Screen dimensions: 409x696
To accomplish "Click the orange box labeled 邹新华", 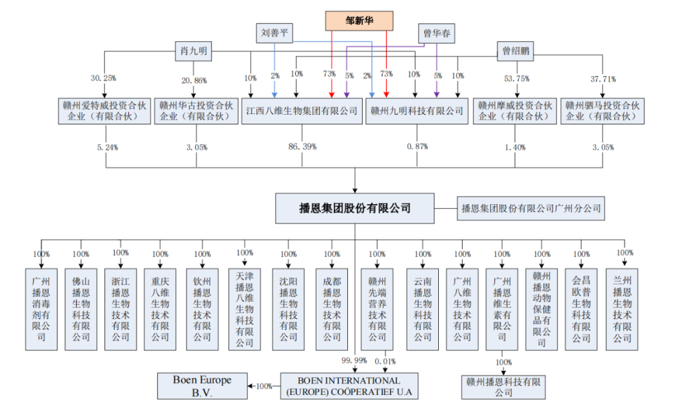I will (359, 21).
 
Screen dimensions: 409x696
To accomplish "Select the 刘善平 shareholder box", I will (275, 33).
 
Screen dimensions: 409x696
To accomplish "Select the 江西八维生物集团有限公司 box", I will (302, 111).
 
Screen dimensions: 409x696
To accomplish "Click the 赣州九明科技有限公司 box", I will (417, 111).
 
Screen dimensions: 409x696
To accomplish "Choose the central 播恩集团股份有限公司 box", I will (355, 208).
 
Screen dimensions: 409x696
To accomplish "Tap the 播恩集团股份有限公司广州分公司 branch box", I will (531, 209).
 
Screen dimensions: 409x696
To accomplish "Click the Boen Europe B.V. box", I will (202, 385).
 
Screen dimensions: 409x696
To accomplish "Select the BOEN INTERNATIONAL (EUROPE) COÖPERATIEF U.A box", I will (349, 386).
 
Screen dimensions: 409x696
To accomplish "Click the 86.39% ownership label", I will (302, 147).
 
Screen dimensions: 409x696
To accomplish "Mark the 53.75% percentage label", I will (516, 79).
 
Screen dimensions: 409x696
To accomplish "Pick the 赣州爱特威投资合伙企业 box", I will (104, 111).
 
